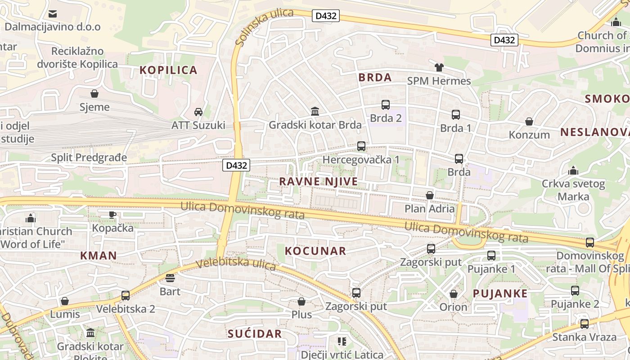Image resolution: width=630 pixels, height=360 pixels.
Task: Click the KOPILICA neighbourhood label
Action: point(168,70)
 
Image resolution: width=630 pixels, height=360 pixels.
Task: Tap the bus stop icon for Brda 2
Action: point(386,105)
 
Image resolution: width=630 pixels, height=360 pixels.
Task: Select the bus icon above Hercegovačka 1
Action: point(361,146)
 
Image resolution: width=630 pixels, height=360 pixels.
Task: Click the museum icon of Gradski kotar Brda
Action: point(315,111)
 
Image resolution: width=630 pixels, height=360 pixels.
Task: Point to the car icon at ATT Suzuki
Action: point(198,112)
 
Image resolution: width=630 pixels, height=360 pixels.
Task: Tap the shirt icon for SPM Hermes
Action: point(439,67)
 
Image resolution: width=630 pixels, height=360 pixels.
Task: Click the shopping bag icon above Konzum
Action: point(529,121)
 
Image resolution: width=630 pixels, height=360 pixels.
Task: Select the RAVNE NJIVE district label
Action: point(319,181)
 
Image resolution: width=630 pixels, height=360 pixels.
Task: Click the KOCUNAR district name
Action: point(315,251)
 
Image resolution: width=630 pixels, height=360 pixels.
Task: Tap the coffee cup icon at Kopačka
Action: point(112,215)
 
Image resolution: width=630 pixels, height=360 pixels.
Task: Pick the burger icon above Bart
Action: point(170,278)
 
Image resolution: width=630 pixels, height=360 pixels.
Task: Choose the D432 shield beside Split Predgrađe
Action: point(236,165)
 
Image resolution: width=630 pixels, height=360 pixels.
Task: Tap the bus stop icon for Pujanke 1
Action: point(491,256)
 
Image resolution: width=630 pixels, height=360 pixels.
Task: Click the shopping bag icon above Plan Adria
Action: point(430,195)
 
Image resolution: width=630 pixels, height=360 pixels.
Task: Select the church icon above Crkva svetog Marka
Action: point(573,171)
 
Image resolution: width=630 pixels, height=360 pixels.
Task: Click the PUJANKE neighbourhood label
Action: point(500,293)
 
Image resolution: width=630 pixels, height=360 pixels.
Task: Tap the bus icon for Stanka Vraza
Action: point(585,324)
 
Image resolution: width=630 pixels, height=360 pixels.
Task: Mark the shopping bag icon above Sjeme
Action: point(94,94)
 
